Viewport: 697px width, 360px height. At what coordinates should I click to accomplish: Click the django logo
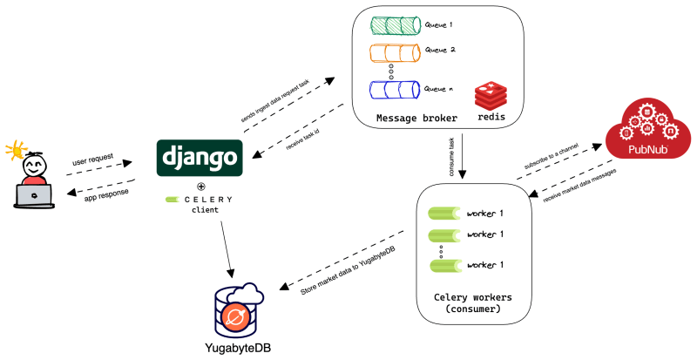200,158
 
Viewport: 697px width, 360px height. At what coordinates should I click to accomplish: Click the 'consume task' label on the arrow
454,155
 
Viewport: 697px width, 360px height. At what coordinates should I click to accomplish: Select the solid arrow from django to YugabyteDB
227,247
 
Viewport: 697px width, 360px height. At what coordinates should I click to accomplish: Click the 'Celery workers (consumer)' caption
472,302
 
